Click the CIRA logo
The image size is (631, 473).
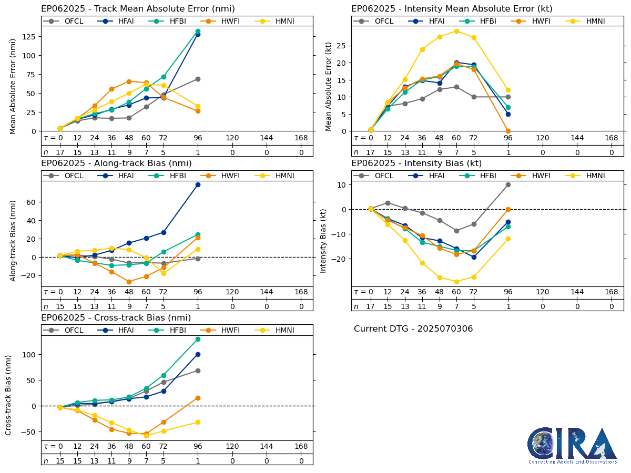pos(572,445)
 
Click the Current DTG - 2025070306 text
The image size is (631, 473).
pos(413,329)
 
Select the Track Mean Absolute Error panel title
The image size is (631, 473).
pos(138,9)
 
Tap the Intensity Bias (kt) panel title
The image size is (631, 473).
pos(416,163)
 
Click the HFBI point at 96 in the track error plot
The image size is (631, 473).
pos(198,32)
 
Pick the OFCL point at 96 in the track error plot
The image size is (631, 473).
pos(198,79)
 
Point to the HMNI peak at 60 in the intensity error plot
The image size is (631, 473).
pos(456,31)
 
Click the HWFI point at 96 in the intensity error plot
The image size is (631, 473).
pos(508,131)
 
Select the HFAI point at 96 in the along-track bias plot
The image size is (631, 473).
pos(198,184)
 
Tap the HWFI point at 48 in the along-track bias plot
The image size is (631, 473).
pos(129,282)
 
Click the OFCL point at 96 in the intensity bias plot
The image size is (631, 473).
pos(508,184)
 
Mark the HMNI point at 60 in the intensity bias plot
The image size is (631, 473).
pos(456,282)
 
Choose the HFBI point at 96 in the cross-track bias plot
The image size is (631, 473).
pos(198,339)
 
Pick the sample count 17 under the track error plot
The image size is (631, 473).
pos(60,152)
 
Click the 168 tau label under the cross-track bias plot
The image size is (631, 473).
pos(301,447)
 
